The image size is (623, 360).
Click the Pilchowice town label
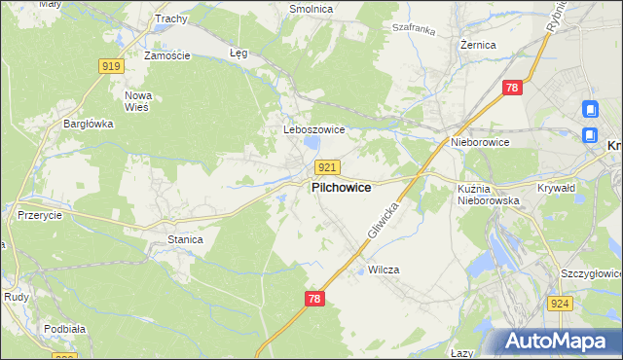pyautogui.click(x=340, y=189)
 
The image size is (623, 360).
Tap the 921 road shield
pyautogui.click(x=327, y=168)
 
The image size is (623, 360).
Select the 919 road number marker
pyautogui.click(x=111, y=66)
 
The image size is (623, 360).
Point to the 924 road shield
pyautogui.click(x=586, y=304)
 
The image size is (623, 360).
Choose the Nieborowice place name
pyautogui.click(x=480, y=142)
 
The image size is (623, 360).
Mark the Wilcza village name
pyautogui.click(x=384, y=270)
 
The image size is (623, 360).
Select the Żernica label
pyautogui.click(x=478, y=45)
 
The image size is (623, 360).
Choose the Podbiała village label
pyautogui.click(x=63, y=329)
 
